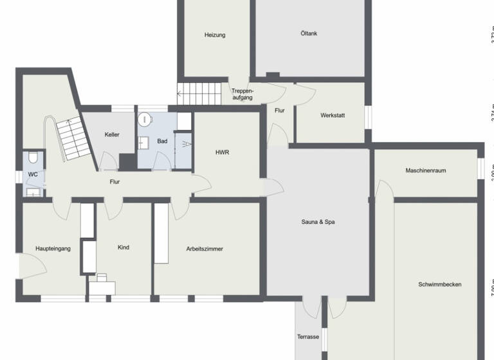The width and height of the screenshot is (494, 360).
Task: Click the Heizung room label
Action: [215, 35]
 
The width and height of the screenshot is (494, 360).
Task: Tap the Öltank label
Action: [309, 33]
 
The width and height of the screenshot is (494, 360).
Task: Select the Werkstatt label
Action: [333, 116]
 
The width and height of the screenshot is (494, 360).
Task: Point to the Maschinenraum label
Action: [426, 170]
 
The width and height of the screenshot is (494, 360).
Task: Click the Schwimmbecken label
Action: [440, 284]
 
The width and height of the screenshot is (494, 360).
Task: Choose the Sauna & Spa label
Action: [318, 222]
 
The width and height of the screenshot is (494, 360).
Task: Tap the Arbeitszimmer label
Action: [205, 249]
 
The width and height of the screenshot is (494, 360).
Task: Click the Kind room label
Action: [124, 247]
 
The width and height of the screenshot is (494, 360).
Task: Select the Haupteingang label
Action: [53, 248]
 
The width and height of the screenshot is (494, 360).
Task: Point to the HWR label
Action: [223, 152]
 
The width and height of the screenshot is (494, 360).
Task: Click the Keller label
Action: [112, 134]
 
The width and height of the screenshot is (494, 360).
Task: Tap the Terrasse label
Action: [308, 336]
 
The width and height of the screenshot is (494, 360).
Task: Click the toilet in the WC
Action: [33, 157]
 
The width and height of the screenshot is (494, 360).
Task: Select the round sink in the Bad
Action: [146, 119]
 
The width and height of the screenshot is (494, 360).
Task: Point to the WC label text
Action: [33, 174]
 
